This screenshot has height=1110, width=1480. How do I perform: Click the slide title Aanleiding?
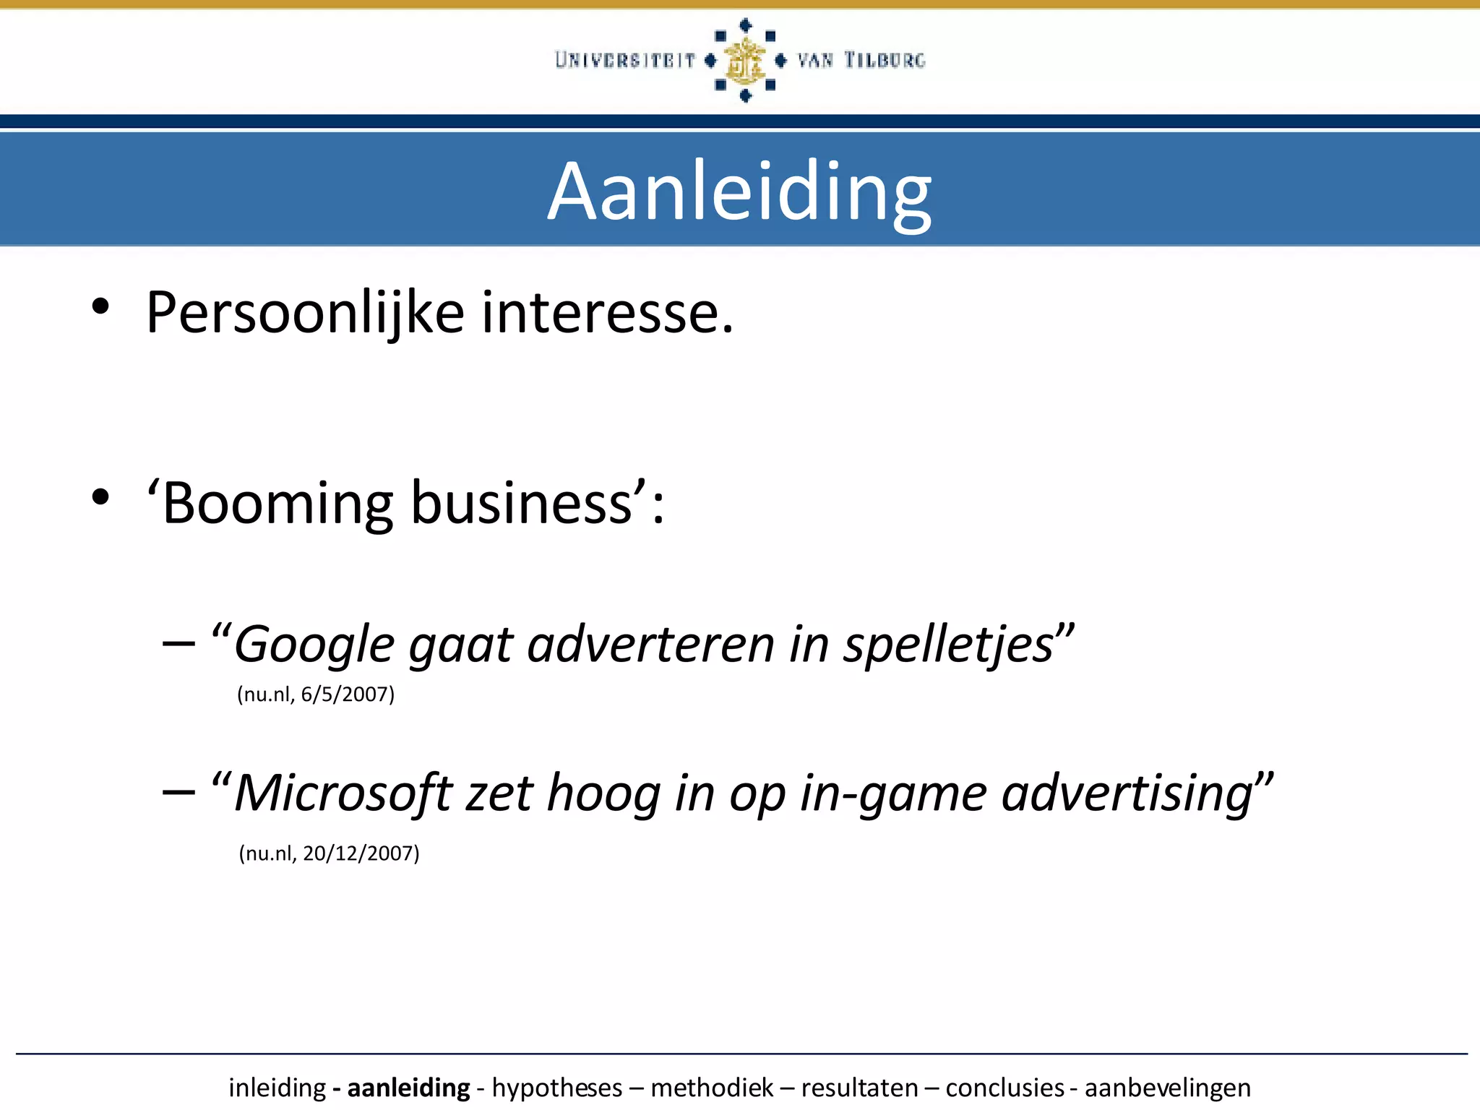tap(739, 192)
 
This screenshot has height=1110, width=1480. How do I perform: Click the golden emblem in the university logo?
tap(744, 61)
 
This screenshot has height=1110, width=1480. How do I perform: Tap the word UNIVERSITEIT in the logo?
tap(625, 60)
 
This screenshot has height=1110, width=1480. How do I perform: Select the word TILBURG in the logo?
tap(885, 60)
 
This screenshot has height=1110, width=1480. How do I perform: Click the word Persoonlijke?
tap(304, 313)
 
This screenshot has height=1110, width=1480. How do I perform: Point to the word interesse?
tap(607, 313)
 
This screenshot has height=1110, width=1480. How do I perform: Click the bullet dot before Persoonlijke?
tap(100, 306)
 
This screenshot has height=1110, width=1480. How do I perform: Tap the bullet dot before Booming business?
tap(100, 496)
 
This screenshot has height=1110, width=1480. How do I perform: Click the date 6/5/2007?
tap(348, 694)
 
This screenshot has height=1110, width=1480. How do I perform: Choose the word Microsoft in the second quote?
tap(343, 793)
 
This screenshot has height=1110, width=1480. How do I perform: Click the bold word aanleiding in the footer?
tap(408, 1088)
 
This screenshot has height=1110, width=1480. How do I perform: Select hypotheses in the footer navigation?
tap(557, 1088)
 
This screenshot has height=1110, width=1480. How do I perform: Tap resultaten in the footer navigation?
tap(859, 1088)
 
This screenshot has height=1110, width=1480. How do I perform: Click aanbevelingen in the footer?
tap(1167, 1088)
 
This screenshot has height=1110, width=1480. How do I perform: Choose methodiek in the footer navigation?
tap(712, 1088)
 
